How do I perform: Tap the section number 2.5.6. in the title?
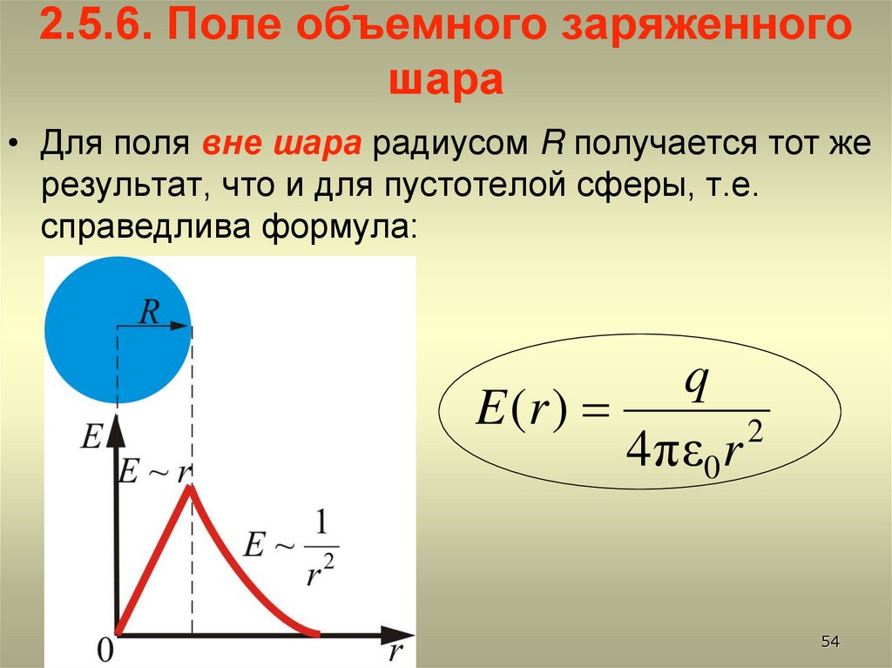(93, 32)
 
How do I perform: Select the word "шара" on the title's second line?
(445, 81)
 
